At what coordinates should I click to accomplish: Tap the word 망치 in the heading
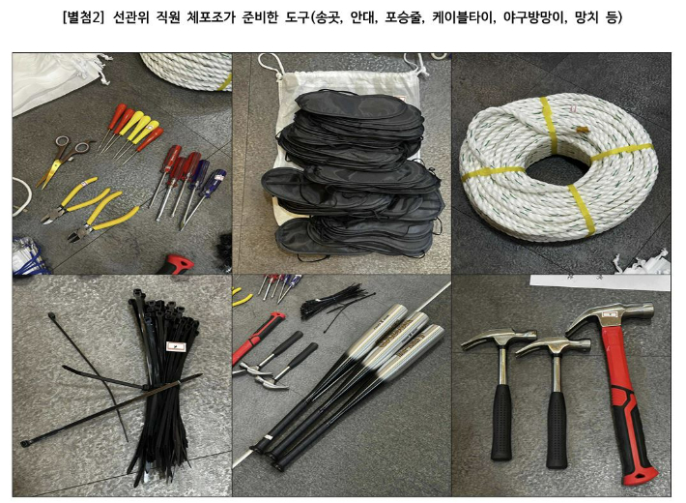click(606, 18)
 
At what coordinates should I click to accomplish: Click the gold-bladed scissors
click(59, 162)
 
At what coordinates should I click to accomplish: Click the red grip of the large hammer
click(629, 426)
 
